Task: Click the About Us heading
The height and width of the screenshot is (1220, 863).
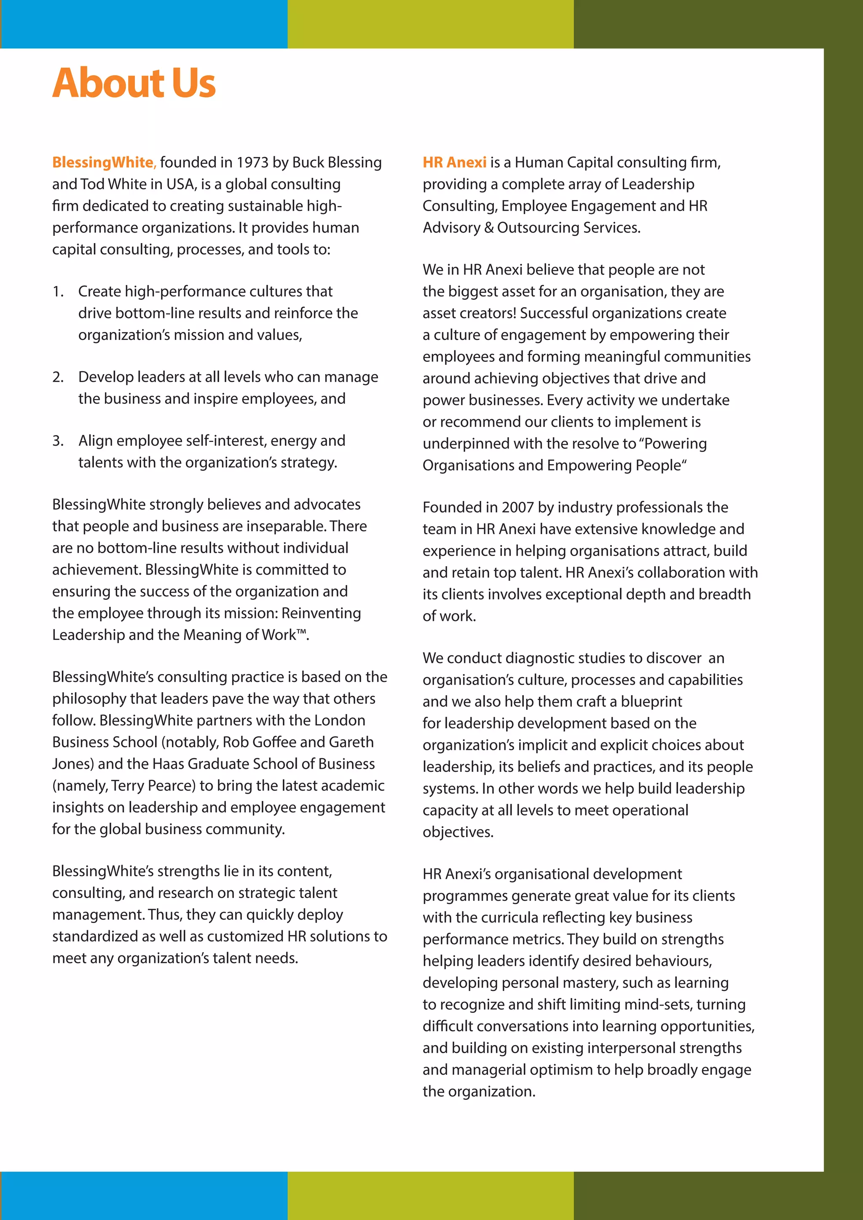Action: click(x=134, y=83)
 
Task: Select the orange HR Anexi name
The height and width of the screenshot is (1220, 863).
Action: click(x=454, y=162)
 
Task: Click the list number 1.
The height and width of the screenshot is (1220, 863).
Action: click(x=57, y=291)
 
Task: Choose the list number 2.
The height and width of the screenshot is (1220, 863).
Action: click(x=57, y=377)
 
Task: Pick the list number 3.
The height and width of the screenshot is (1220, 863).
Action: click(x=57, y=441)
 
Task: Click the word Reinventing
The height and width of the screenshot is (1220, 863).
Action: click(x=321, y=613)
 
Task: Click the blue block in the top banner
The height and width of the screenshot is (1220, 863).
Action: click(x=143, y=24)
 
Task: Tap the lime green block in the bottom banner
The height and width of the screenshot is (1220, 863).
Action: click(x=430, y=1196)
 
